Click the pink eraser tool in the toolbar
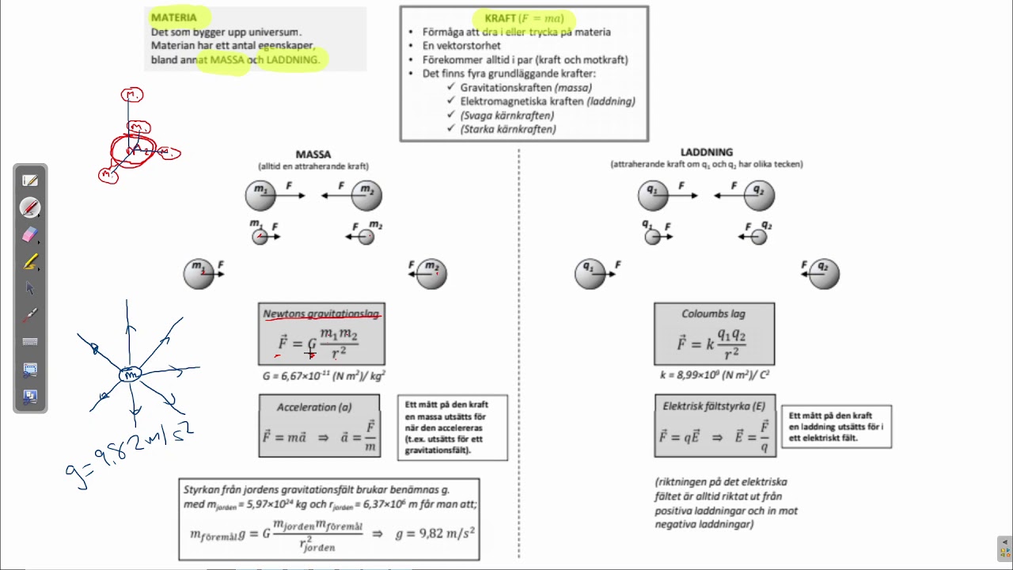pyautogui.click(x=30, y=234)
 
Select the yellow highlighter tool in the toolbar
pyautogui.click(x=30, y=261)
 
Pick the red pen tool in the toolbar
pyautogui.click(x=30, y=207)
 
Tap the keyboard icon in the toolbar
pyautogui.click(x=30, y=342)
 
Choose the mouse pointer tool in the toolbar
pyautogui.click(x=30, y=288)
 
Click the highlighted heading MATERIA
pyautogui.click(x=174, y=17)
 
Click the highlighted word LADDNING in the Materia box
pyautogui.click(x=293, y=59)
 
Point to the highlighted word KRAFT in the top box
pyautogui.click(x=500, y=18)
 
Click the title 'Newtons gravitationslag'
pyautogui.click(x=321, y=314)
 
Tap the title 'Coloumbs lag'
pyautogui.click(x=713, y=314)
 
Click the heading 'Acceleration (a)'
pyautogui.click(x=314, y=407)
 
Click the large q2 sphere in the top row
pyautogui.click(x=759, y=195)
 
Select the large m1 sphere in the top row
pyautogui.click(x=260, y=195)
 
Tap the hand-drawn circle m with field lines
pyautogui.click(x=130, y=374)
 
